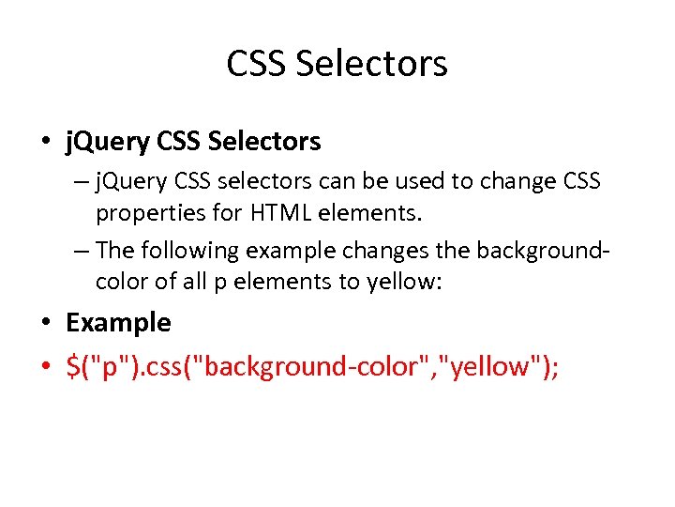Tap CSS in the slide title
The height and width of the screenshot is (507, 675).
[x=256, y=64]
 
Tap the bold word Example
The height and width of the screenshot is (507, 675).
[x=118, y=322]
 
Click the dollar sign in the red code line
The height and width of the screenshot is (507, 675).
[x=73, y=366]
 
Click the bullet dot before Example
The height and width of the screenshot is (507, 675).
[x=47, y=323]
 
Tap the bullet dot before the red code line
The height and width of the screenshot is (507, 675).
[x=47, y=367]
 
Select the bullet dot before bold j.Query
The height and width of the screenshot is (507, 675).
[x=47, y=143]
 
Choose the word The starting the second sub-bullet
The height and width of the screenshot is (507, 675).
[x=115, y=251]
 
